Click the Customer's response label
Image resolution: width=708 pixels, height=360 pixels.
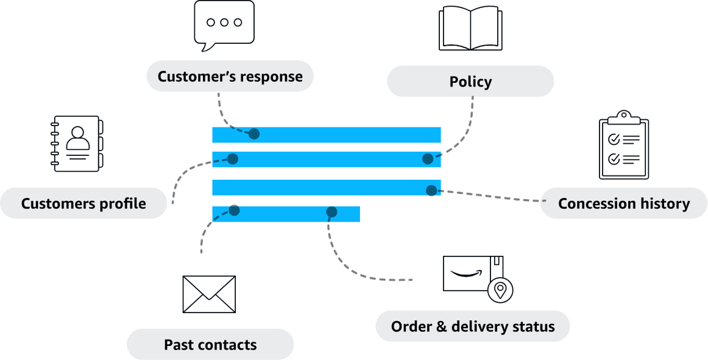(x=230, y=77)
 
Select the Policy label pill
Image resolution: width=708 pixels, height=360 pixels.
(x=470, y=82)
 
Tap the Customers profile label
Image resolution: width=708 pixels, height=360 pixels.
(x=83, y=203)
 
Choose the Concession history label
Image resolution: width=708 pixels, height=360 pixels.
(x=624, y=203)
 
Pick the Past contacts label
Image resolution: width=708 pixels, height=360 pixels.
(x=210, y=345)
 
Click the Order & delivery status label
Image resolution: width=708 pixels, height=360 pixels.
(x=473, y=326)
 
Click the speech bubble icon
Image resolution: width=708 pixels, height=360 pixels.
(x=224, y=24)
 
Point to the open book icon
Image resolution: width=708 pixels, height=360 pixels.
(x=470, y=28)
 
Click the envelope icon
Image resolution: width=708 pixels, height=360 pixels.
(x=209, y=294)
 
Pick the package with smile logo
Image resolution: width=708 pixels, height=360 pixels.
(x=473, y=273)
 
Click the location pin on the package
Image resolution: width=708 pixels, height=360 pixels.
(x=501, y=290)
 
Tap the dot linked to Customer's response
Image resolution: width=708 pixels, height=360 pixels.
(x=254, y=133)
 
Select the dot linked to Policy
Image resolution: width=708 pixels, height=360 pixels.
(x=428, y=159)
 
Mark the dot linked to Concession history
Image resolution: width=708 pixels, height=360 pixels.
(x=432, y=190)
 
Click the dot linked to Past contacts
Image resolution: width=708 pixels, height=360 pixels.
(x=234, y=210)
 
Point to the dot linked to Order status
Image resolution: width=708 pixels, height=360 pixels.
(x=331, y=212)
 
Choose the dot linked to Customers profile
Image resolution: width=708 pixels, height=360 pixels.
(x=232, y=159)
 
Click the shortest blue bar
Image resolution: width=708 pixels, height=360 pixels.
(x=286, y=214)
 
